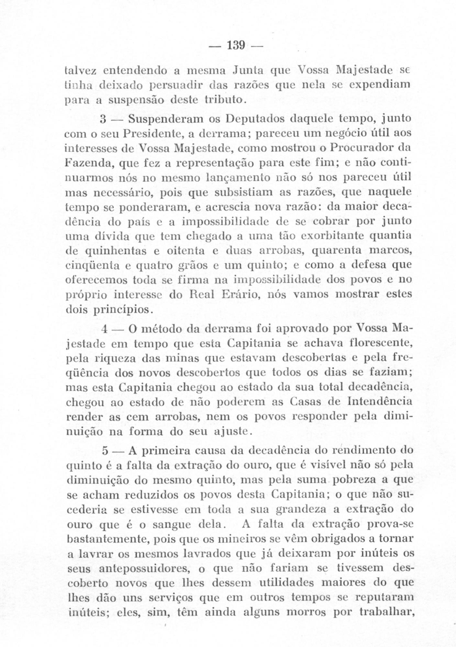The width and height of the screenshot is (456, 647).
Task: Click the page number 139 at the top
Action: pyautogui.click(x=236, y=45)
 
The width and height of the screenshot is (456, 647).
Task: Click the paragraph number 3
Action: pyautogui.click(x=103, y=119)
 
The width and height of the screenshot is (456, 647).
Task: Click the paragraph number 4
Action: pyautogui.click(x=104, y=329)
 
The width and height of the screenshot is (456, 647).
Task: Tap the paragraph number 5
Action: pyautogui.click(x=105, y=451)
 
